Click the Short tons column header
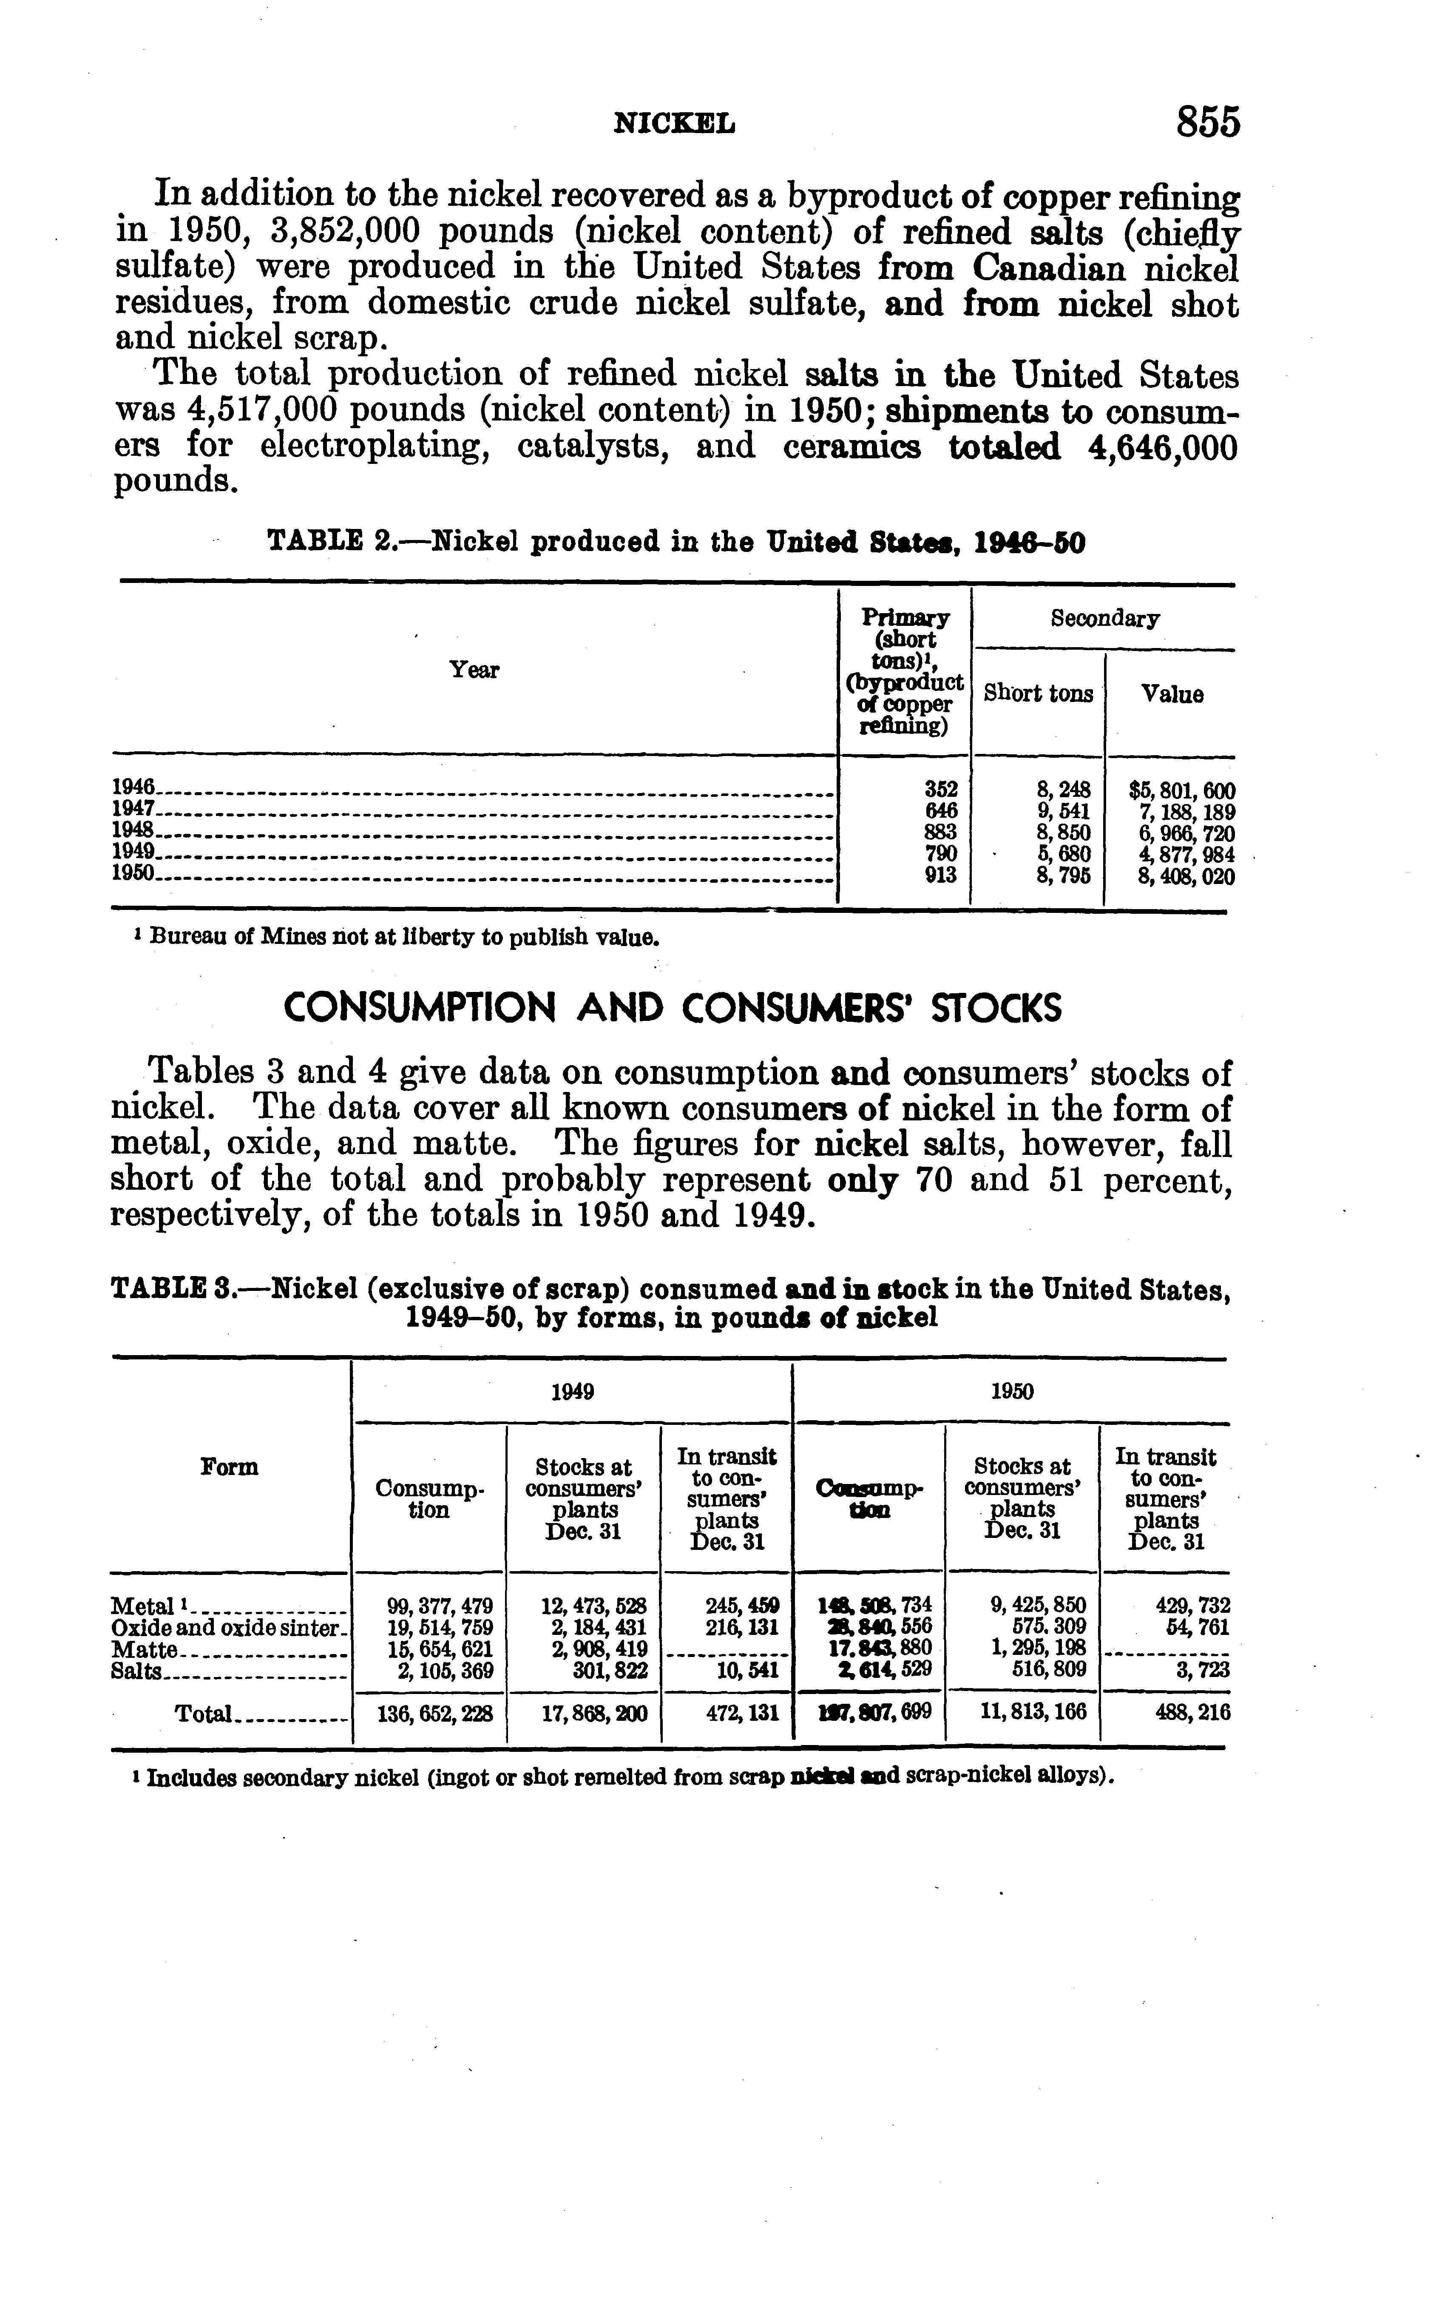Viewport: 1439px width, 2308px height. point(1038,694)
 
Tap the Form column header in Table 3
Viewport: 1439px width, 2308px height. point(230,1467)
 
